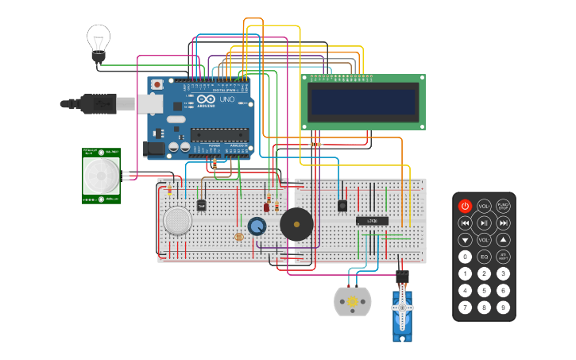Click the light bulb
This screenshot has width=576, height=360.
[x=99, y=40]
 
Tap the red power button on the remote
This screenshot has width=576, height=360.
[x=466, y=206]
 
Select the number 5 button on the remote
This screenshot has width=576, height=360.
[x=484, y=290]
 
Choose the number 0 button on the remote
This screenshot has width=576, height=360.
[x=466, y=257]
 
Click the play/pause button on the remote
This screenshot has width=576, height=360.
[x=484, y=223]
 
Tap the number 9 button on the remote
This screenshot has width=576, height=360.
[x=503, y=307]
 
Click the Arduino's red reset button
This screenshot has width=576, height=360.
[x=157, y=84]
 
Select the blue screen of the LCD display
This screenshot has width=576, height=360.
[x=362, y=102]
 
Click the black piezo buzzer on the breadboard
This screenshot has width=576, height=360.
[x=296, y=225]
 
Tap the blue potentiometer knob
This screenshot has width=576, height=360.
[x=257, y=226]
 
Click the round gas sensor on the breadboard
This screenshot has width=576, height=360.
[x=177, y=220]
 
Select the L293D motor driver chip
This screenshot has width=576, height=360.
[x=372, y=221]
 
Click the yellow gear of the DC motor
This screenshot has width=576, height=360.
[x=353, y=303]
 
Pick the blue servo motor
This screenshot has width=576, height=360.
[x=402, y=314]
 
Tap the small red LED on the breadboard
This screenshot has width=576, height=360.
[x=266, y=207]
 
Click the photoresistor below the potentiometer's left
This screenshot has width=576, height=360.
[x=238, y=237]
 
